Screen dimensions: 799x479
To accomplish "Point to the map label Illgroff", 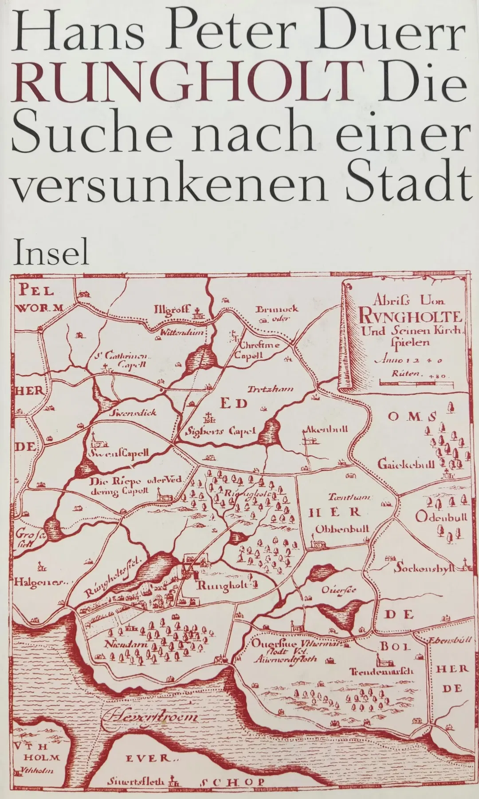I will click(172, 309).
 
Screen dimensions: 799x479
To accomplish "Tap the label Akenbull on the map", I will click(325, 429).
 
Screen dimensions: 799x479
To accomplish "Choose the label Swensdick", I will click(133, 412).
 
